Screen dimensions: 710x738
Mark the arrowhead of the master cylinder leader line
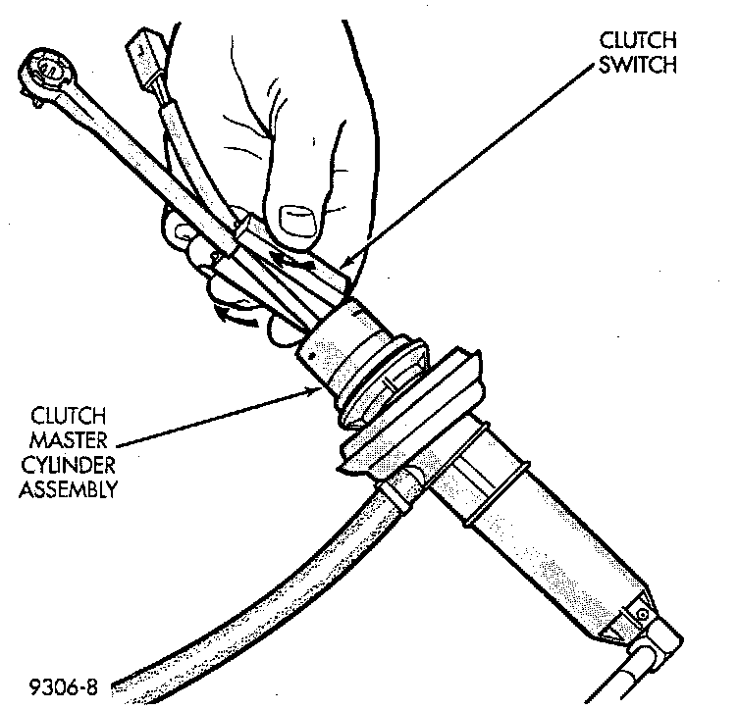tap(316, 389)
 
